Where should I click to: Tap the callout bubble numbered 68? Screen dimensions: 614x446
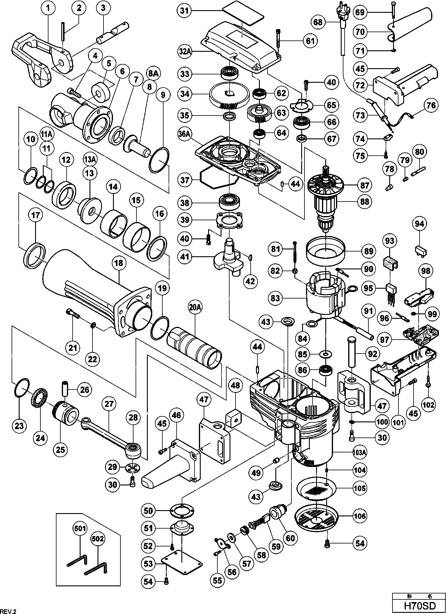pos(318,22)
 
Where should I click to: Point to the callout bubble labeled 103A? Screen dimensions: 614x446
pos(359,453)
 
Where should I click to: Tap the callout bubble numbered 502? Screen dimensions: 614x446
pos(98,539)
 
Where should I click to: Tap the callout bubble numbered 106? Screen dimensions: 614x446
pos(360,516)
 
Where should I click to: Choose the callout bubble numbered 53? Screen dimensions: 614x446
pos(148,564)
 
